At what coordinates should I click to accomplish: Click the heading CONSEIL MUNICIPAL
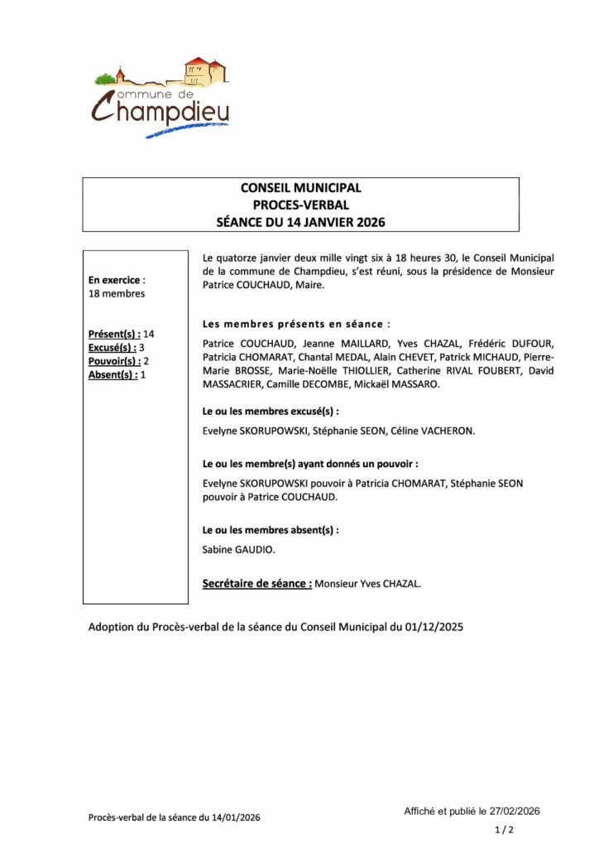tap(300, 188)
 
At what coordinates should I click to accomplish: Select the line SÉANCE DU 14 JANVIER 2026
tap(300, 221)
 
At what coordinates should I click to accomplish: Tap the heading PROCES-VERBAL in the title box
tap(300, 205)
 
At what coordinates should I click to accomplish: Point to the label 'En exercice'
tap(115, 280)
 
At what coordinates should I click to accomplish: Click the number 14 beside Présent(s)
tap(149, 334)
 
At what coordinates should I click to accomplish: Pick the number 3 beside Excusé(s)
tap(141, 348)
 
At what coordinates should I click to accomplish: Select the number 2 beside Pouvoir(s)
tap(146, 361)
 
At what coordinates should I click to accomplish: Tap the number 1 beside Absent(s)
tap(143, 375)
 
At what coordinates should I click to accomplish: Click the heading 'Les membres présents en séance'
tap(296, 323)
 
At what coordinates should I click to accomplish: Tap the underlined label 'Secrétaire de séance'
tap(256, 584)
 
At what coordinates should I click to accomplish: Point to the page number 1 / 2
tap(504, 829)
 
